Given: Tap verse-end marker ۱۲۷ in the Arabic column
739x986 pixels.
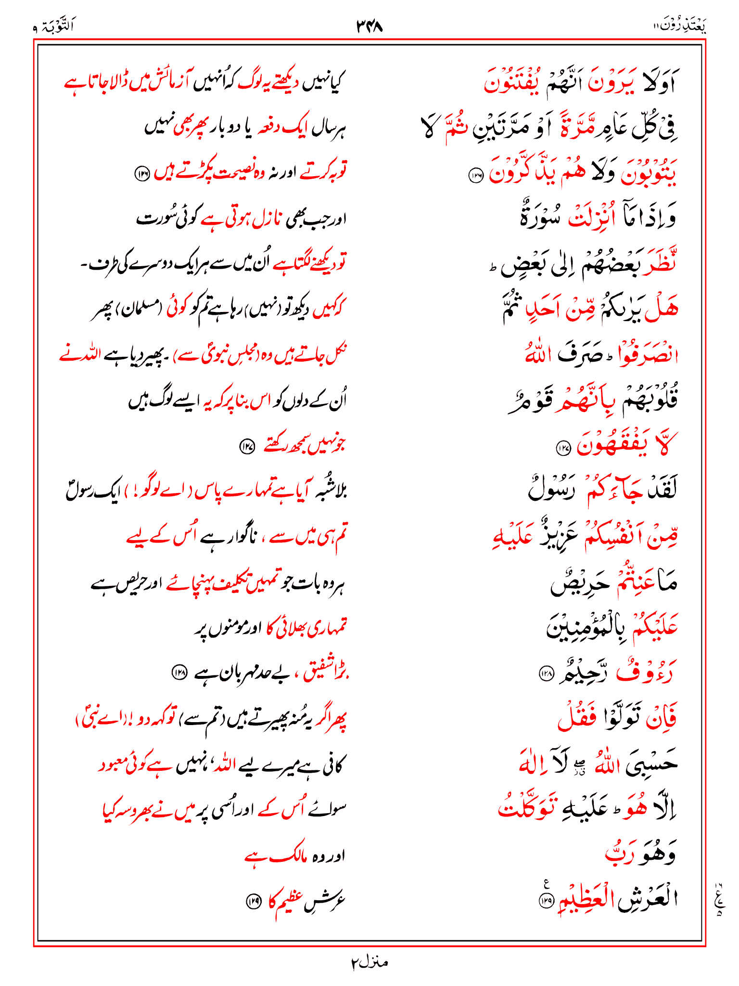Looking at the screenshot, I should coord(563,449).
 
